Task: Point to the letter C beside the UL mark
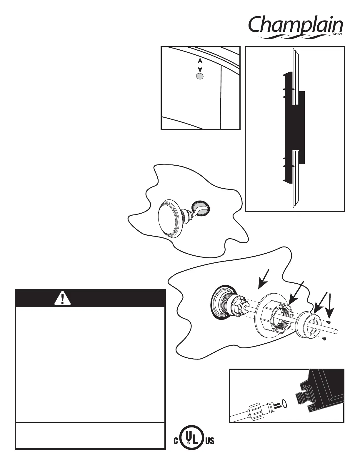(176, 442)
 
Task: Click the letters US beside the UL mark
(209, 441)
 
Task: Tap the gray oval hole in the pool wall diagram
(200, 76)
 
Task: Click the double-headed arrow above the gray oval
(200, 65)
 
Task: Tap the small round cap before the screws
(306, 328)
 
